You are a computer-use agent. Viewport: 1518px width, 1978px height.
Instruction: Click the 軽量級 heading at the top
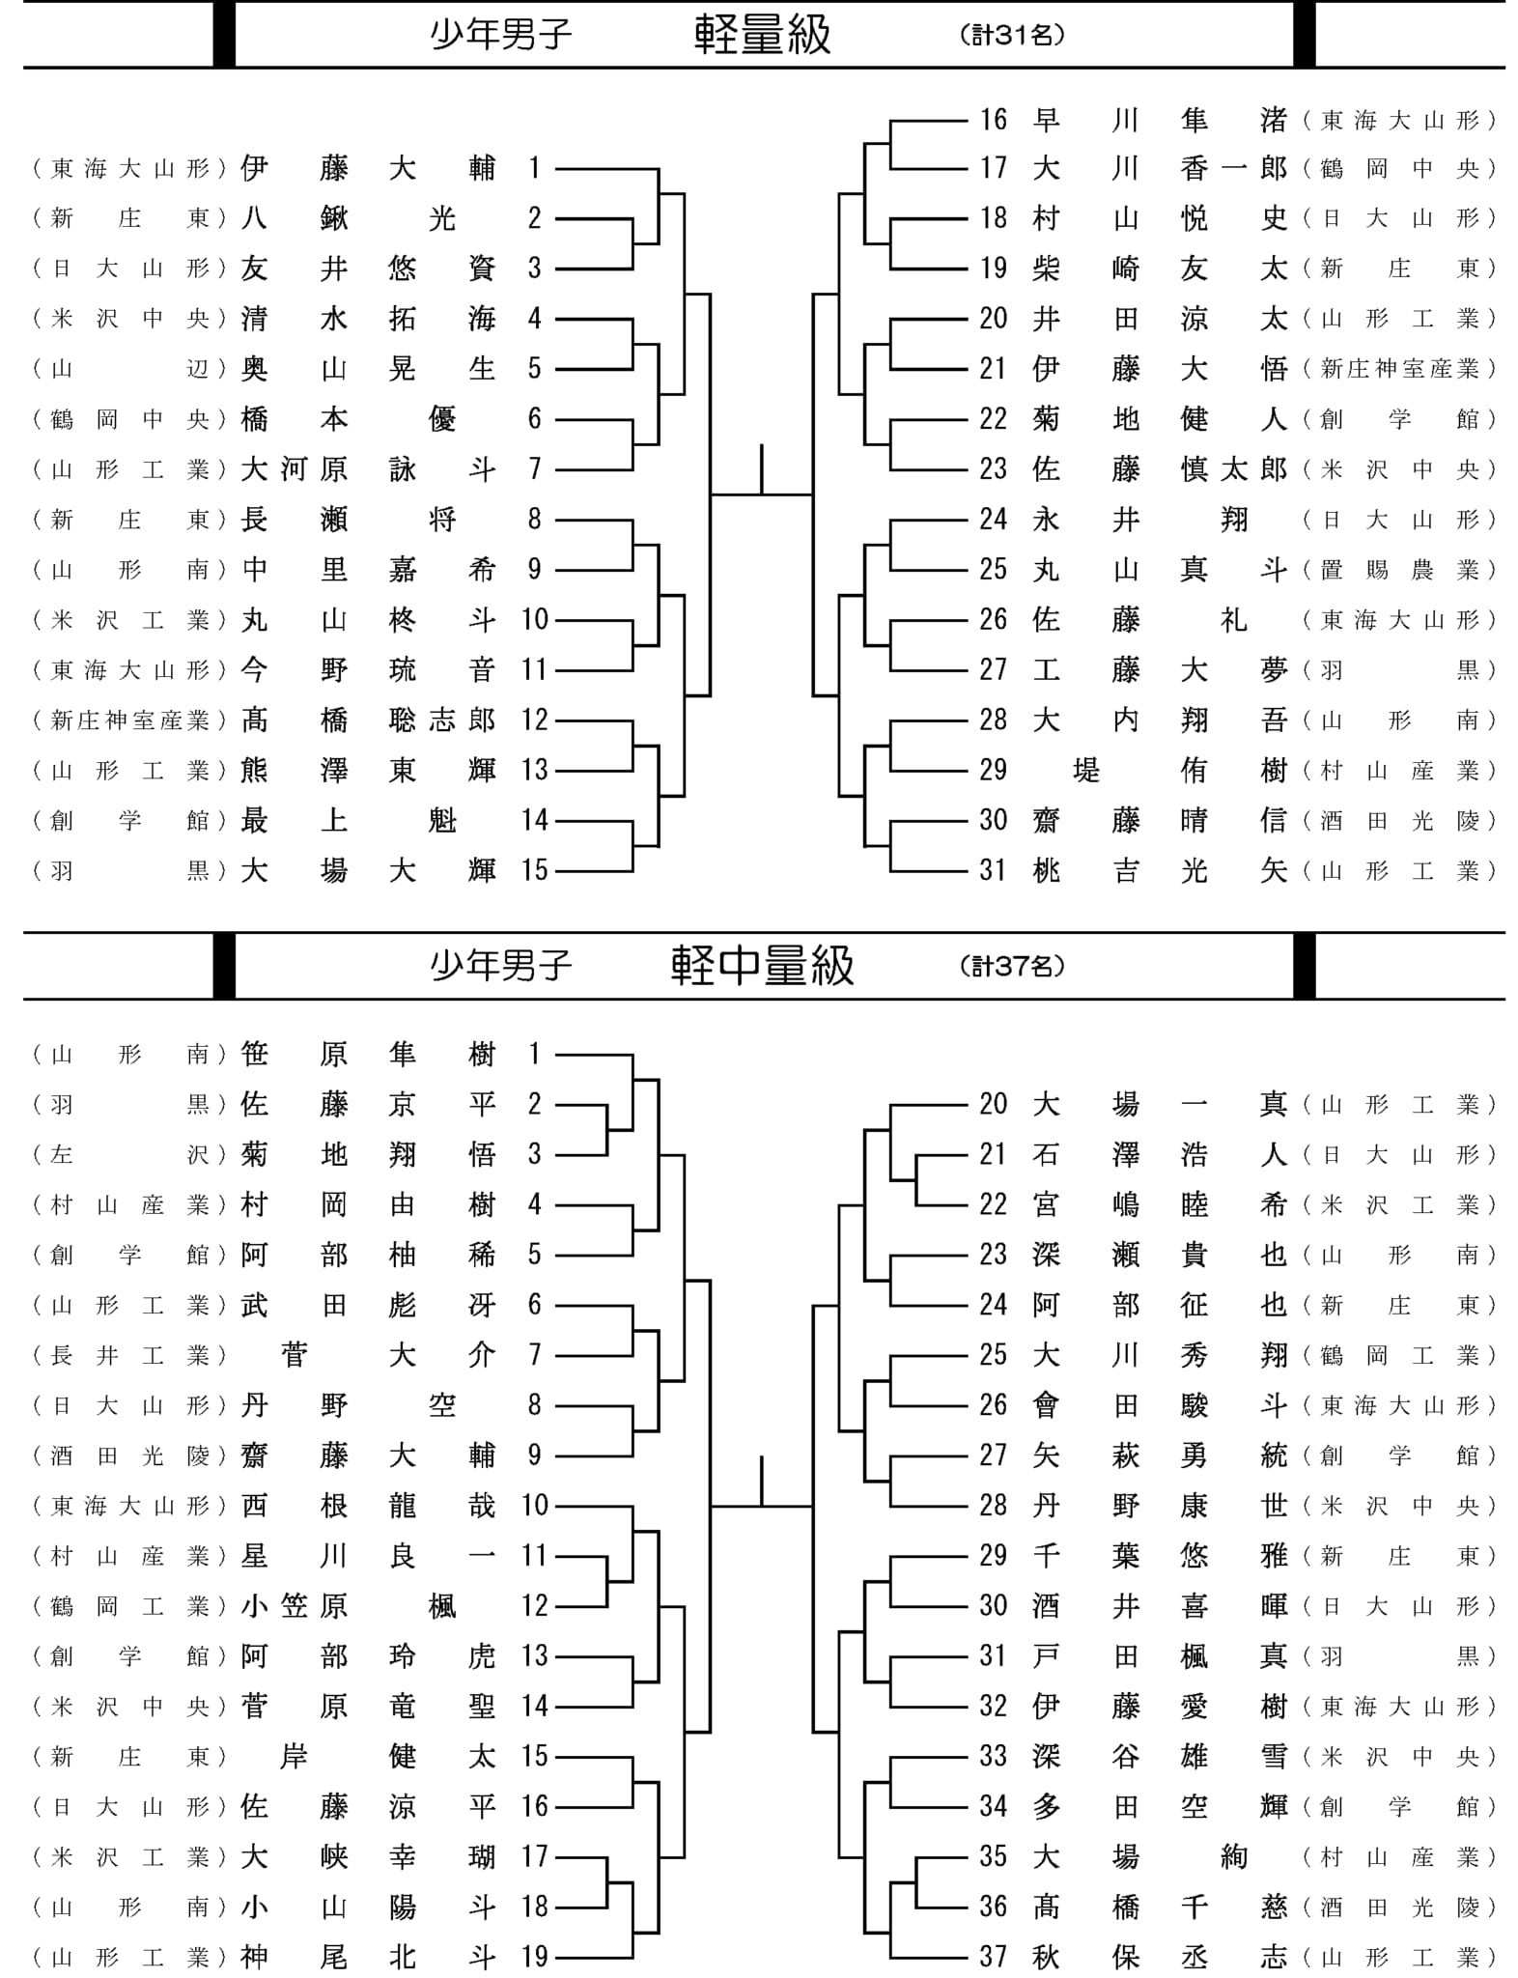tap(762, 35)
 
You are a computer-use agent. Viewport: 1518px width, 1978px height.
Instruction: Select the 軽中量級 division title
tap(762, 966)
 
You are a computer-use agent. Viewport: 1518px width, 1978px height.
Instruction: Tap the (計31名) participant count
tap(1013, 36)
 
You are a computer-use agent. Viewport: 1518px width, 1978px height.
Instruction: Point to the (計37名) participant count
tap(1013, 966)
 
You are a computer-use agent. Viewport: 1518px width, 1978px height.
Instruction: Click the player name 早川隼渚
tap(1160, 120)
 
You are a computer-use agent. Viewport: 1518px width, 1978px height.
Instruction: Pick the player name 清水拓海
tap(368, 319)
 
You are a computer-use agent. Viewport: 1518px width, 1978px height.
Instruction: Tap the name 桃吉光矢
tap(1160, 871)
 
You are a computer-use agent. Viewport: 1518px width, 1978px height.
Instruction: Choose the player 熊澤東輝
tap(368, 771)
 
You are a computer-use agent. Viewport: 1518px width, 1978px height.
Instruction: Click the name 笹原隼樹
tap(368, 1054)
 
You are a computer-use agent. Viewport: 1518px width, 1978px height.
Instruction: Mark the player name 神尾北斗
tap(368, 1958)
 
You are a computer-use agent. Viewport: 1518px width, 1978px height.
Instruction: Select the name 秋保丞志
tap(1160, 1958)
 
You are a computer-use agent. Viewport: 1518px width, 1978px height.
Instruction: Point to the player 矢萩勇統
tap(1160, 1455)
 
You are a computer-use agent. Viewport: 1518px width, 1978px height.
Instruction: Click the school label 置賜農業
tap(1399, 570)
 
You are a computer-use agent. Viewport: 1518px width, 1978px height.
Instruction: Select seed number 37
tap(993, 1958)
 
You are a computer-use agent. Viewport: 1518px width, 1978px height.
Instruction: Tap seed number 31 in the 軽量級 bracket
tap(993, 871)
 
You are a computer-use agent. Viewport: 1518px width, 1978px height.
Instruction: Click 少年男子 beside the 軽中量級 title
tap(501, 966)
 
